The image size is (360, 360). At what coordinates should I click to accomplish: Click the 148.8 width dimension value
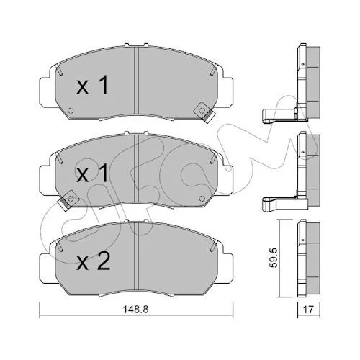(x=136, y=310)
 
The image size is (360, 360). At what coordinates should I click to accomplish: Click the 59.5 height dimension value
(x=273, y=258)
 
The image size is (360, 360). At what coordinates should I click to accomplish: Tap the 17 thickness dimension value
(x=308, y=310)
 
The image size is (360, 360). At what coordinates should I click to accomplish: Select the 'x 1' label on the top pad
(x=93, y=84)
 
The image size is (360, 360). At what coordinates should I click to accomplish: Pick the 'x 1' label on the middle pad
(x=92, y=173)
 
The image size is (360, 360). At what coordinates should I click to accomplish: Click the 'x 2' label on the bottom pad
(x=94, y=261)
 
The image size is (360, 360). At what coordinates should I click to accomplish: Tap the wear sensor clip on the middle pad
(x=68, y=200)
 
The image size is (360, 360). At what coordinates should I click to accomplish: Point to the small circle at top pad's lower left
(x=71, y=111)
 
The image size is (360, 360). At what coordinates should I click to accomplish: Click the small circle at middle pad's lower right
(x=202, y=199)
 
